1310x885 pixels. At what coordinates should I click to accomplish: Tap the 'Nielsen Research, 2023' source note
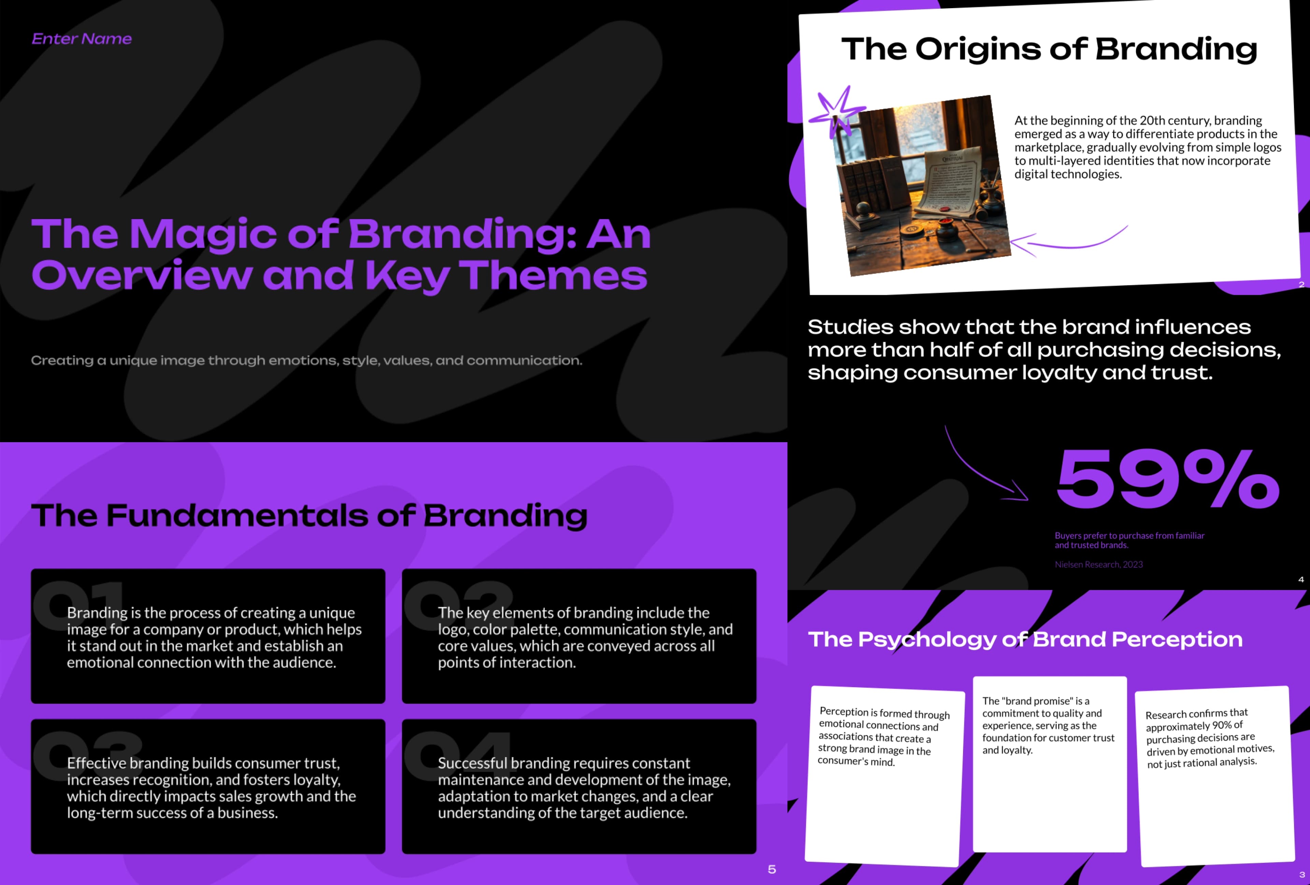1098,564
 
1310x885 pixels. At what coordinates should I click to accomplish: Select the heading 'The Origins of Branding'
1049,49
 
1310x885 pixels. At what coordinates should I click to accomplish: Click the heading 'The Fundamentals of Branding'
309,516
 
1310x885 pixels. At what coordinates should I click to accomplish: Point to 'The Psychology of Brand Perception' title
1025,639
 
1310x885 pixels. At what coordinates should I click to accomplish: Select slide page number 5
772,870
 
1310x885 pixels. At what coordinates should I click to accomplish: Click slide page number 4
1301,579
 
